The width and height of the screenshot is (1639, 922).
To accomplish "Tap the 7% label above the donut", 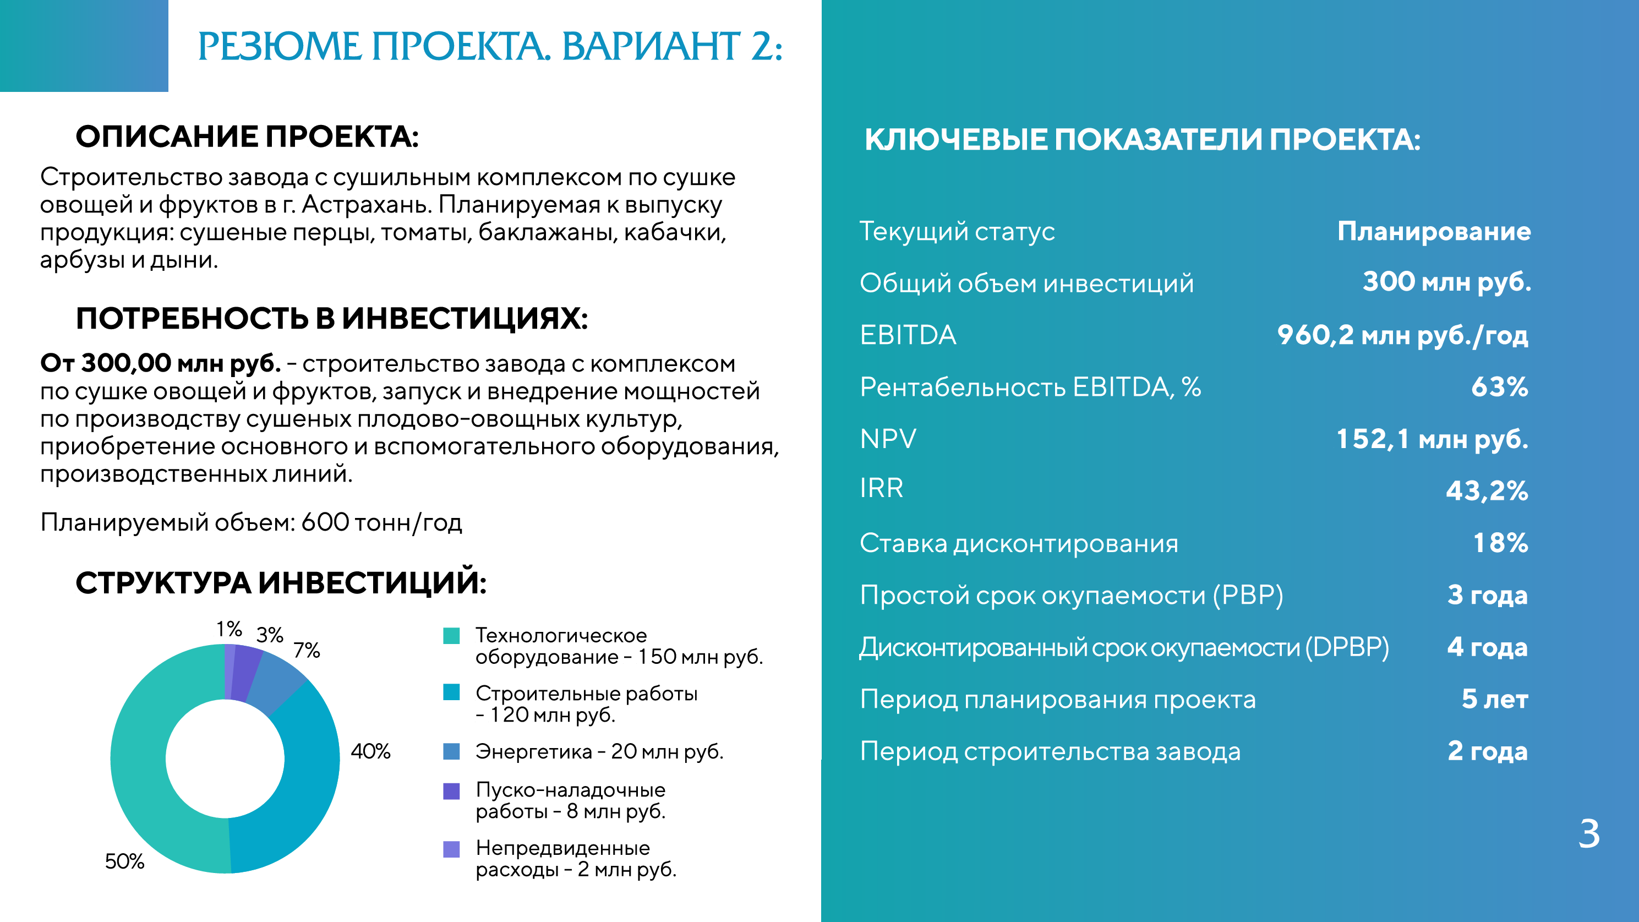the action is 307,650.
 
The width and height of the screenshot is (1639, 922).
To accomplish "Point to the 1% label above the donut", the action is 229,629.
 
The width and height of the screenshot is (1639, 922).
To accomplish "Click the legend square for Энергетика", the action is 451,751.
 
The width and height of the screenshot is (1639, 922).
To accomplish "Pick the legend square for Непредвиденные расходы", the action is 451,849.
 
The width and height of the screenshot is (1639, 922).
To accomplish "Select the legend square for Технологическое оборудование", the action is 451,636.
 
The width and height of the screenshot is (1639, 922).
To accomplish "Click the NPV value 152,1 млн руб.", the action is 1432,439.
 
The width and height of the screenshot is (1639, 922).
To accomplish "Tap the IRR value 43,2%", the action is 1487,490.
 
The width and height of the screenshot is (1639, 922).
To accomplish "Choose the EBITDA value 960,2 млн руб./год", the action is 1403,335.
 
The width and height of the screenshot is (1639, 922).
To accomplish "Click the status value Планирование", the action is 1434,232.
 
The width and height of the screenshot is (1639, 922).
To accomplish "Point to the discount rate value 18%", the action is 1501,543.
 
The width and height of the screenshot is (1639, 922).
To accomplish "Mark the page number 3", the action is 1589,833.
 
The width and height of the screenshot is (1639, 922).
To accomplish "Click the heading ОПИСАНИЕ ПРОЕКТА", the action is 248,137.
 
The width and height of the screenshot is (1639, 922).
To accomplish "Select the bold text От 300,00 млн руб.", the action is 160,363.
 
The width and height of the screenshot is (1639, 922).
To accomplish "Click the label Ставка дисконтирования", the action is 1019,543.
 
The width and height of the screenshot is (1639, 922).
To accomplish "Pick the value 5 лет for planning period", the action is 1495,699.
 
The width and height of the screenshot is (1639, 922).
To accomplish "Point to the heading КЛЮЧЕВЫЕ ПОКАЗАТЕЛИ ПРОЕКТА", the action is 1142,139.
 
